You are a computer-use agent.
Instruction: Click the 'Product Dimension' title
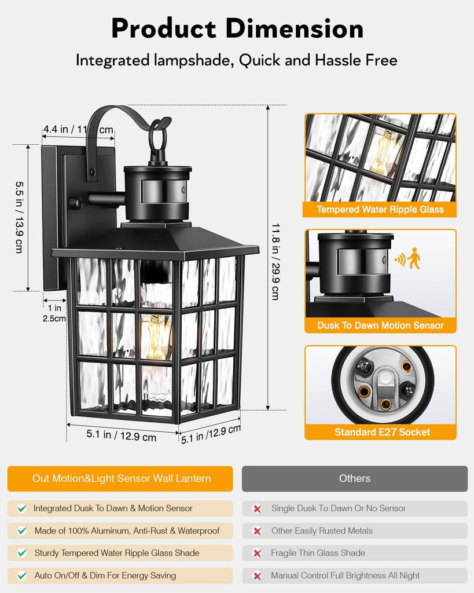click(237, 29)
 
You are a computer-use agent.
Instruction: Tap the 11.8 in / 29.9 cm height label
click(275, 262)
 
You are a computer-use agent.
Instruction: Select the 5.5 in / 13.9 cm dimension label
click(19, 218)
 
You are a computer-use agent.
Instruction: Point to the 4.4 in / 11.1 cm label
click(78, 129)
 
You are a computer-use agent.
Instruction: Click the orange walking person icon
click(414, 258)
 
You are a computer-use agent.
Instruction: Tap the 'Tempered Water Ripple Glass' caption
click(380, 210)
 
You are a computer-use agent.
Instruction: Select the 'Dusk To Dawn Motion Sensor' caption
click(380, 325)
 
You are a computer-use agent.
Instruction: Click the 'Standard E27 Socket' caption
click(382, 432)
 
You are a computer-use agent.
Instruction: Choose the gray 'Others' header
click(355, 478)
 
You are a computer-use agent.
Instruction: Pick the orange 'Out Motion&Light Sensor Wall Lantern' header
click(120, 478)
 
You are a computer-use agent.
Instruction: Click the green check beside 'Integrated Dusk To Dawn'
click(22, 508)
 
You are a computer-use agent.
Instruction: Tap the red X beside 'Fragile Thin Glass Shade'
click(257, 553)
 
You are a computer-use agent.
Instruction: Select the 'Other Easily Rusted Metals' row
click(355, 531)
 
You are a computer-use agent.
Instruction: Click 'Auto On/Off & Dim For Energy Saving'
click(105, 576)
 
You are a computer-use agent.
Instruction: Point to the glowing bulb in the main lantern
click(155, 337)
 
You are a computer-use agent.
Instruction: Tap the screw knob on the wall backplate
click(75, 203)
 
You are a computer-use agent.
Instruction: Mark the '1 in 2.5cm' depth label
click(54, 313)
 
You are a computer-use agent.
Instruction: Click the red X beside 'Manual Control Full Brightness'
click(257, 576)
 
